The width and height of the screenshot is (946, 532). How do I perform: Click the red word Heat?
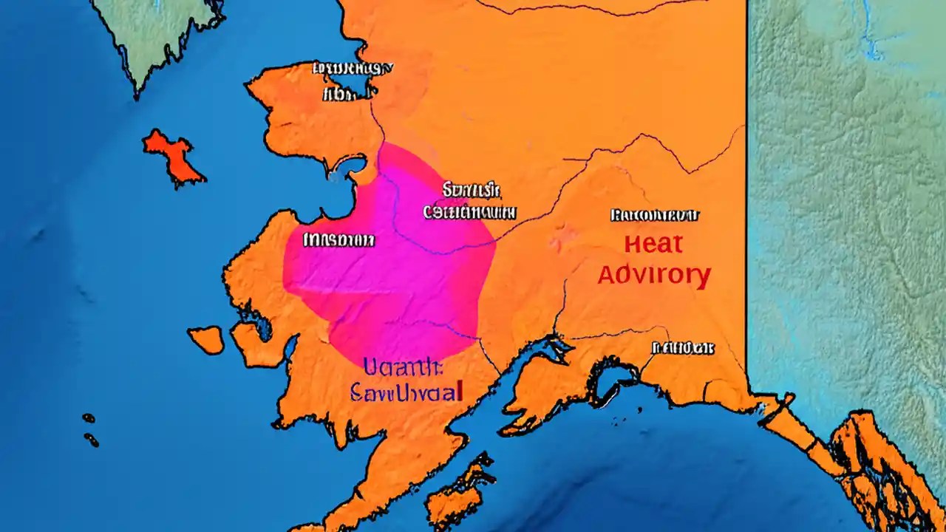[x=653, y=244]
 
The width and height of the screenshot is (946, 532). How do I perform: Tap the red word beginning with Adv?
[x=653, y=275]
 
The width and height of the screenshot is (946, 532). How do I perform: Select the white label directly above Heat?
[x=655, y=216]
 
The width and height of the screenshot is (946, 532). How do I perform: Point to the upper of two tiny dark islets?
[x=89, y=418]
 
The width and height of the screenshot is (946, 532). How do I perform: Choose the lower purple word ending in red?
[x=406, y=391]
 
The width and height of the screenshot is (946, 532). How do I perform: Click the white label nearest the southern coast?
[x=682, y=347]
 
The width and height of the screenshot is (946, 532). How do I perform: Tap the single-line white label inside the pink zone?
[x=338, y=240]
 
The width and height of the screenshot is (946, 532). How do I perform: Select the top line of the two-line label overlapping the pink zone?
[x=472, y=191]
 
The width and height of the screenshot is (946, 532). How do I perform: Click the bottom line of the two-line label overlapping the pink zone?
[x=470, y=213]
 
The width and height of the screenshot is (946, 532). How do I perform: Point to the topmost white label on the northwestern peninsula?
[x=353, y=69]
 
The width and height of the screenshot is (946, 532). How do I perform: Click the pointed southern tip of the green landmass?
[x=137, y=93]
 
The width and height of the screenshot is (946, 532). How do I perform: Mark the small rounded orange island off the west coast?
[x=207, y=339]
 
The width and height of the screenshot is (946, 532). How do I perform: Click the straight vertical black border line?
[x=746, y=185]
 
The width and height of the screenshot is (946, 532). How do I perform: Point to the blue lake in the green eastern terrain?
[x=872, y=37]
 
